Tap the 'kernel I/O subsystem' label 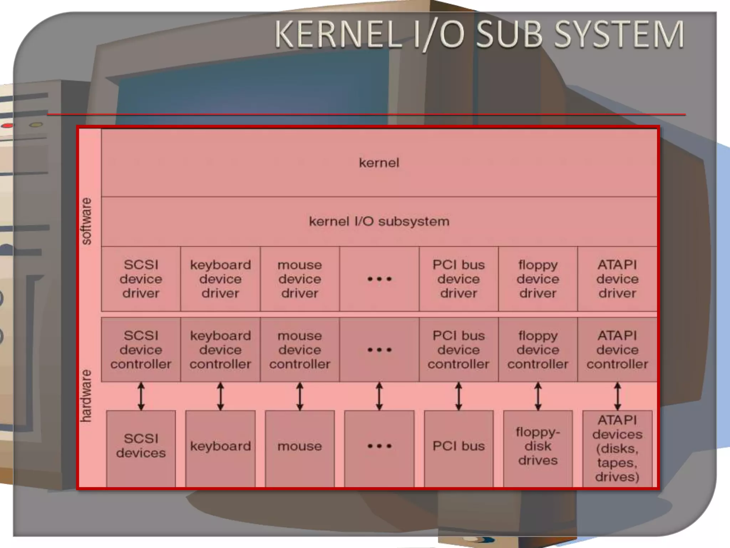coord(379,222)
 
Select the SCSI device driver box coord(141,279)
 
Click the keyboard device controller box coord(220,350)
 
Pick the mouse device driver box coord(299,279)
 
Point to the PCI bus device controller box coord(458,350)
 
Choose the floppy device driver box coord(538,279)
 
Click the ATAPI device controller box coord(617,350)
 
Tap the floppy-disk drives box coord(538,446)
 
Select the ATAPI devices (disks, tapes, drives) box coord(617,448)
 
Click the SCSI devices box coord(141,446)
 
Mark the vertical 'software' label coord(87,221)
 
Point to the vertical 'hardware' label coord(87,396)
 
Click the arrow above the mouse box coord(300,396)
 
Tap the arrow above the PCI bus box coord(459,396)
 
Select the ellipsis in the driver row coord(379,279)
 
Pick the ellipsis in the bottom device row coord(379,446)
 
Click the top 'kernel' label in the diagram coord(379,163)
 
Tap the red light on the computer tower coord(7,126)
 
